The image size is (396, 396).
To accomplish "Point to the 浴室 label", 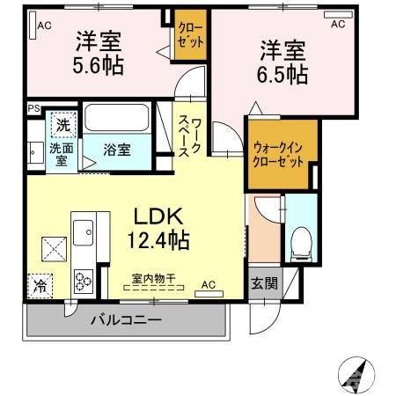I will pyautogui.click(x=118, y=149).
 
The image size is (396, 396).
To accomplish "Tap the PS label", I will pyautogui.click(x=33, y=109).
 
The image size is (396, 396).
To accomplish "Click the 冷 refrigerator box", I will pyautogui.click(x=40, y=286).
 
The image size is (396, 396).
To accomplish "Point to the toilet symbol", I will pyautogui.click(x=300, y=239).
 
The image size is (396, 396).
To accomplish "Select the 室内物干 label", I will pyautogui.click(x=153, y=279).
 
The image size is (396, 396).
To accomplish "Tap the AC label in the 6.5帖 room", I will pyautogui.click(x=338, y=25).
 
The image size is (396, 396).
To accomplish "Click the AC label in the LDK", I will pyautogui.click(x=208, y=285).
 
